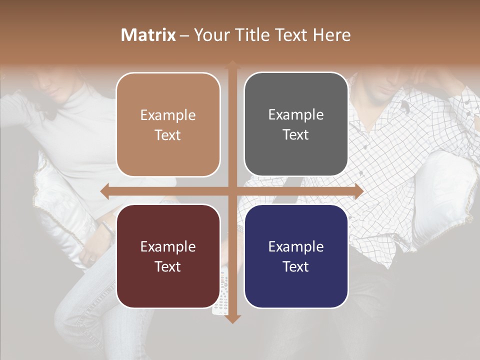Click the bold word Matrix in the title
[148, 35]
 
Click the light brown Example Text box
[168, 124]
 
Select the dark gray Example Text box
[296, 124]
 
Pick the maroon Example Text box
[168, 256]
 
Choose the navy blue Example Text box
[296, 256]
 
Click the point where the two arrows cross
[232, 191]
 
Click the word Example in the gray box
[296, 114]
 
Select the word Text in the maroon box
[168, 266]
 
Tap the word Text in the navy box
[296, 266]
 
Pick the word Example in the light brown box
[168, 115]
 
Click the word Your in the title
[209, 35]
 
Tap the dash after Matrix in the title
[184, 35]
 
